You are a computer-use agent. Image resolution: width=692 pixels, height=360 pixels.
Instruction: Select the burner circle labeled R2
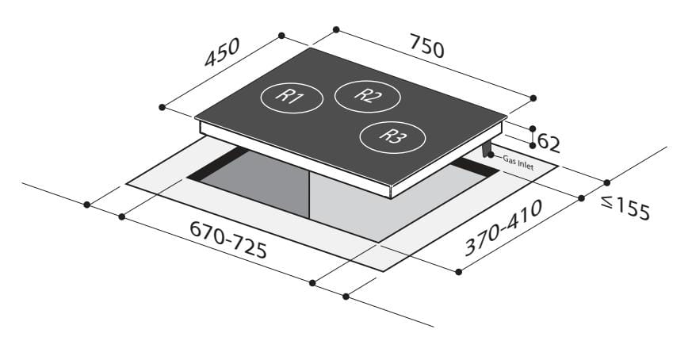367,96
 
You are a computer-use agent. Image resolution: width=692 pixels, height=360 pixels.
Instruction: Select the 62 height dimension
549,143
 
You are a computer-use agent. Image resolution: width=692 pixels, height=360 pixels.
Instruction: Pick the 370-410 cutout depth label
503,228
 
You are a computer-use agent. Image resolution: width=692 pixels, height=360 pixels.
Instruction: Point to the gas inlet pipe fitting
486,149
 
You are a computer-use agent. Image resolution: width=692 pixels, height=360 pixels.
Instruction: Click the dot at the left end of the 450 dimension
162,106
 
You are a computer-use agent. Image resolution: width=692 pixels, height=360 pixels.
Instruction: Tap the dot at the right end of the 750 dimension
533,98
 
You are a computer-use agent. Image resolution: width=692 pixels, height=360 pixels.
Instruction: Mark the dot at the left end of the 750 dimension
336,29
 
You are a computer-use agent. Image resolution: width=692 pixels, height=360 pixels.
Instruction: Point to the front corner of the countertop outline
384,271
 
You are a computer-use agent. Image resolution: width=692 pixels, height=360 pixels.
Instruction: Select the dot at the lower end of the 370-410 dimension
459,272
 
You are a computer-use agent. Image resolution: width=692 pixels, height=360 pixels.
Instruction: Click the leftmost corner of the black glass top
196,118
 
